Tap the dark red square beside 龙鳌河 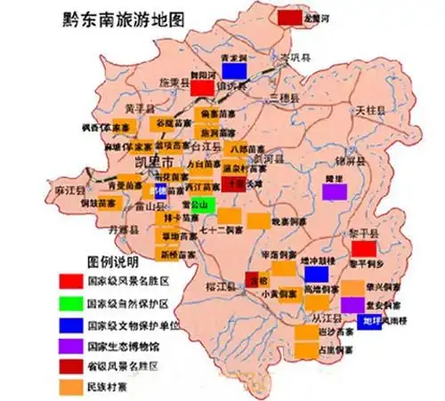[x=289, y=18]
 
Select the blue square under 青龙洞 [x=235, y=69]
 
